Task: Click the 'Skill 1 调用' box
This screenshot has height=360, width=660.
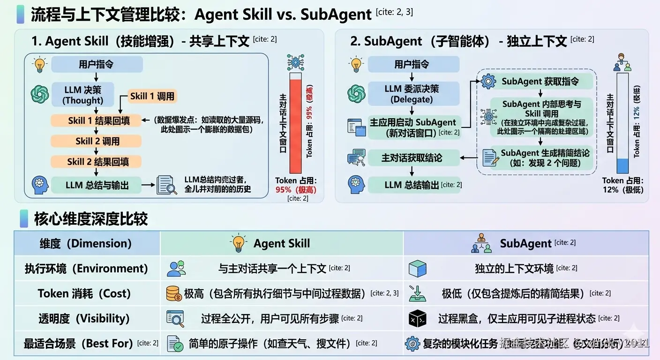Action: click(x=152, y=97)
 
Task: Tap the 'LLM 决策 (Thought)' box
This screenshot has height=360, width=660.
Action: click(x=83, y=94)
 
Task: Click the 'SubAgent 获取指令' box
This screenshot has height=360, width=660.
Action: click(x=540, y=81)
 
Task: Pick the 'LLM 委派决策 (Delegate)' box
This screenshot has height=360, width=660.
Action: click(x=412, y=94)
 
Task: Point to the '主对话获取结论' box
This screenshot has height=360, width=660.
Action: click(x=412, y=158)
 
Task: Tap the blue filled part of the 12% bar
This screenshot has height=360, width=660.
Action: click(x=622, y=166)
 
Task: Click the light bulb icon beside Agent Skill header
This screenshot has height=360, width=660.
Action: click(x=239, y=243)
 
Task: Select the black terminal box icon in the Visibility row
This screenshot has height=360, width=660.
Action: click(x=417, y=319)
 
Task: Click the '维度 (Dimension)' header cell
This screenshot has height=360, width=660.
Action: click(x=86, y=243)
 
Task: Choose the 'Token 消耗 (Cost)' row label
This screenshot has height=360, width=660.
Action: click(x=84, y=293)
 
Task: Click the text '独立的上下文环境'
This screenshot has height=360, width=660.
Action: click(x=514, y=269)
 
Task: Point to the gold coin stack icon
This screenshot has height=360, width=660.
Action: click(x=174, y=293)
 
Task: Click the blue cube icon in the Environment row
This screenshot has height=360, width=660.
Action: click(x=417, y=269)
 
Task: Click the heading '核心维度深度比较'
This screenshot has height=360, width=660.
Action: click(x=90, y=218)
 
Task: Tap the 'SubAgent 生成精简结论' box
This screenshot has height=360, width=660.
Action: click(x=545, y=158)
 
